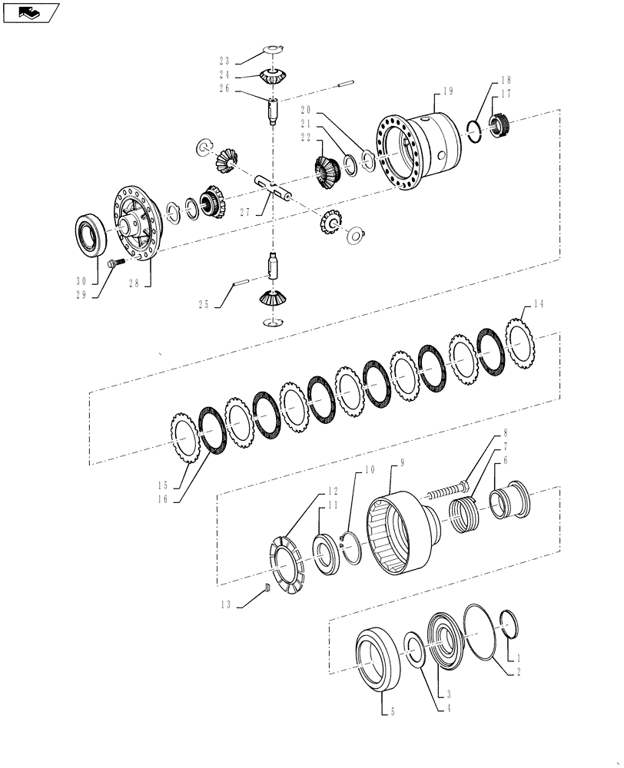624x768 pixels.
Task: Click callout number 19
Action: coord(448,91)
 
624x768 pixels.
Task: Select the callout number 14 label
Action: coord(538,304)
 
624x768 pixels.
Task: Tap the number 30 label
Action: coord(80,281)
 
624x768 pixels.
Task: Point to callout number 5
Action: coord(392,712)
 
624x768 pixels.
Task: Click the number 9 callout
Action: coord(402,463)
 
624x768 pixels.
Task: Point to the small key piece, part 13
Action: coord(267,588)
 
